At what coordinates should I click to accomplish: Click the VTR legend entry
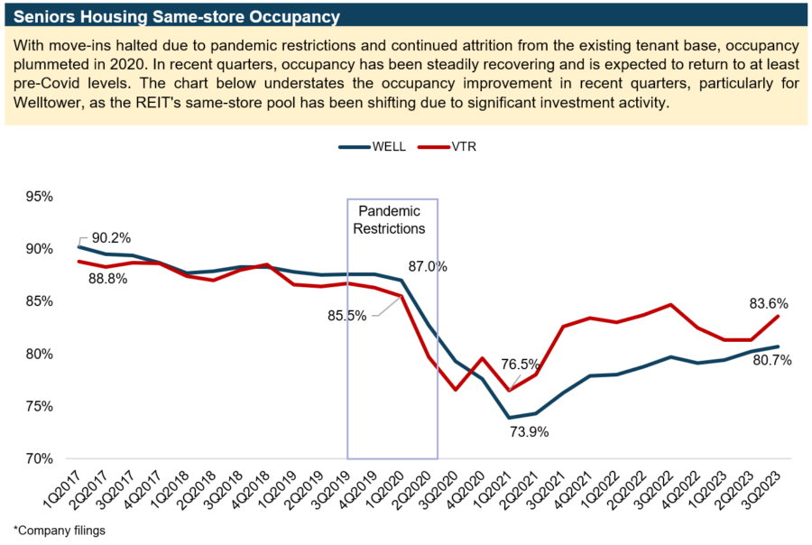pos(453,146)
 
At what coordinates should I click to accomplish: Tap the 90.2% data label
pos(111,238)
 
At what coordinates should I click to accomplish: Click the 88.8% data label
pos(108,280)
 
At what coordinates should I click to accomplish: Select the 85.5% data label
pos(346,317)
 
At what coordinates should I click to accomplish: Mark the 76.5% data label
pos(521,365)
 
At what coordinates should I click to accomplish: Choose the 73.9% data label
pos(529,431)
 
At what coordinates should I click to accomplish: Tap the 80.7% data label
pos(773,361)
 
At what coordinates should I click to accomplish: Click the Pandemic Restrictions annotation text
pos(389,220)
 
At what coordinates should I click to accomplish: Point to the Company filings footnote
pos(60,531)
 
